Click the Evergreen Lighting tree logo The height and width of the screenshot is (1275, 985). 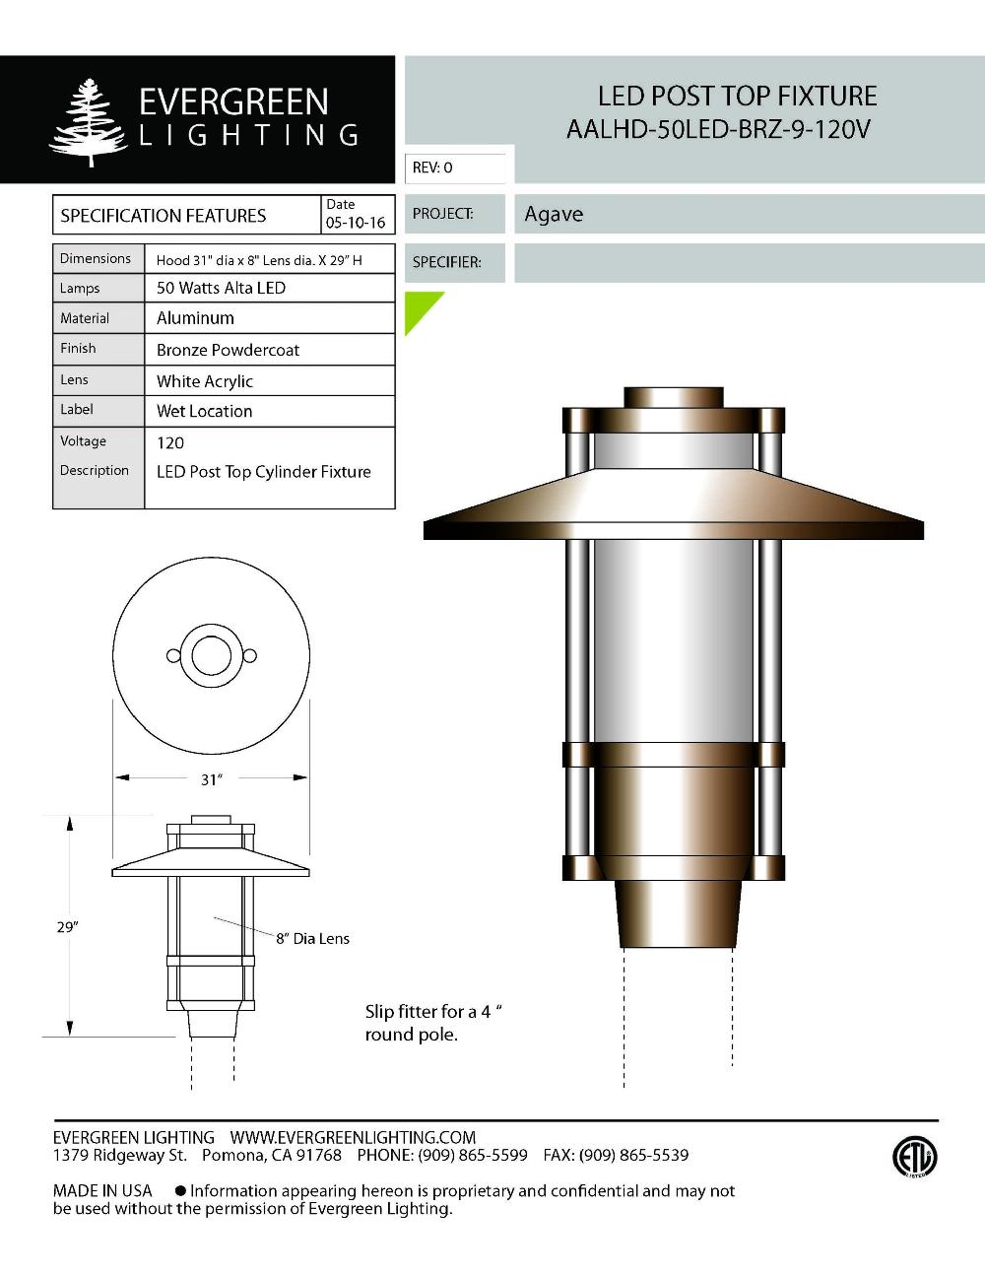click(89, 121)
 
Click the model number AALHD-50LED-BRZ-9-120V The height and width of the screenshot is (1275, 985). click(718, 129)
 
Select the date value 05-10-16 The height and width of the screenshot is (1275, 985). click(356, 223)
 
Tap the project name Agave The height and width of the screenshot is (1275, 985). click(554, 214)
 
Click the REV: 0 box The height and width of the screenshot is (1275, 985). click(456, 168)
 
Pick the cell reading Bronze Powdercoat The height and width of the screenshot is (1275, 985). click(228, 350)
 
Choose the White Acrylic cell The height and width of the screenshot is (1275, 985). click(205, 381)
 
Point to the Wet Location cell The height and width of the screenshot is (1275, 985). click(204, 411)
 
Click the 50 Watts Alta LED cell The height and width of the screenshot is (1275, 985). click(221, 288)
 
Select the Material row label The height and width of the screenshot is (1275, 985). click(85, 318)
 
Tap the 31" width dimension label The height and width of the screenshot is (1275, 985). click(211, 779)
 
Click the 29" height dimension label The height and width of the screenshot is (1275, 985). click(67, 927)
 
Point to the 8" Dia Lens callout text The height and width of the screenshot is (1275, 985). click(312, 939)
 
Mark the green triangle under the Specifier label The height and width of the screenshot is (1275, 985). click(419, 307)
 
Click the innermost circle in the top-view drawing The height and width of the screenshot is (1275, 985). click(211, 656)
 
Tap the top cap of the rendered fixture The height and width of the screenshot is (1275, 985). click(674, 396)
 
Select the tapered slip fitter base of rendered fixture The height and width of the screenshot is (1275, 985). click(678, 912)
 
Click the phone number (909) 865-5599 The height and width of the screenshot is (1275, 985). click(473, 1155)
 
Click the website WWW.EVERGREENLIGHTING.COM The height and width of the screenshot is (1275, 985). click(353, 1137)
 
